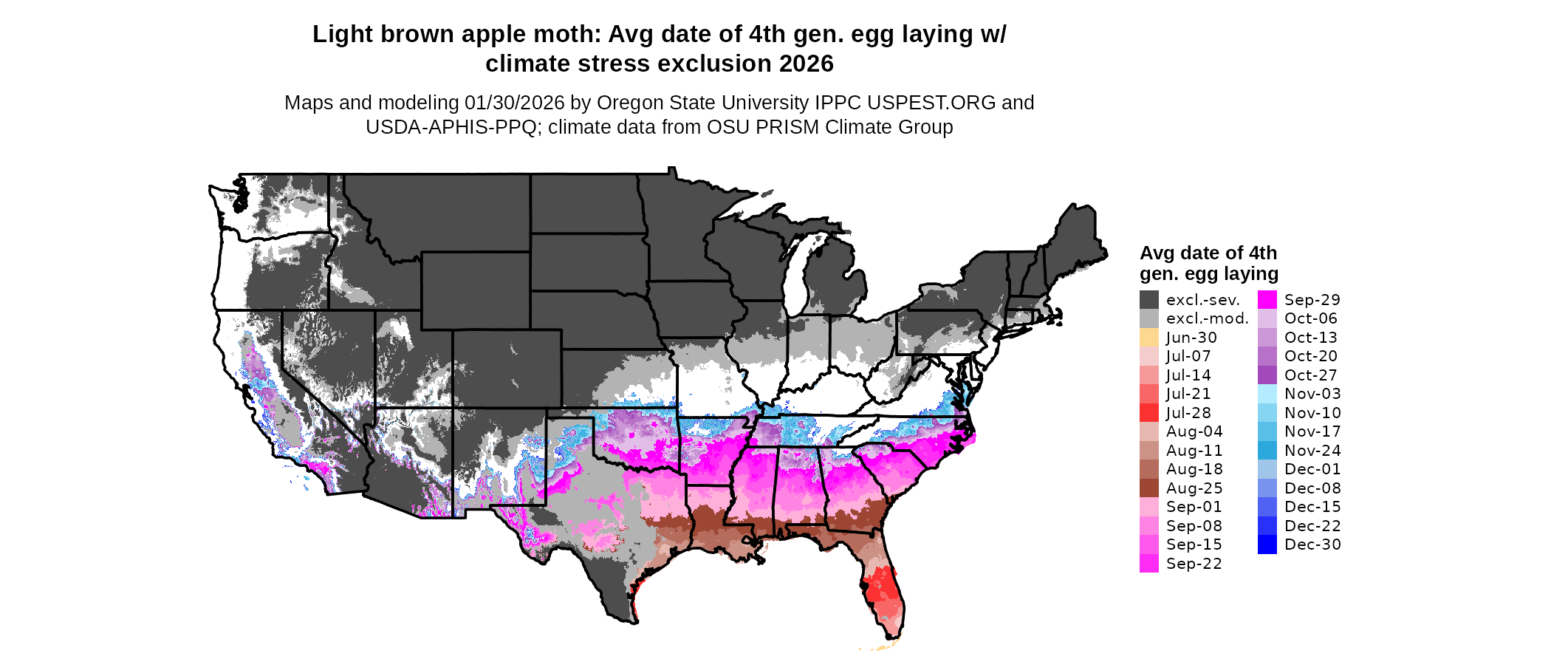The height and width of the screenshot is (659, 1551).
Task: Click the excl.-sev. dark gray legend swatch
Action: point(1148,300)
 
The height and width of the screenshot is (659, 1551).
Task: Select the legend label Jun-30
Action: point(1191,338)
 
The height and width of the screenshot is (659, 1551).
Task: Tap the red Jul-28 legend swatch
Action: point(1148,413)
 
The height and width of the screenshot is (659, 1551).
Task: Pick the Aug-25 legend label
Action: point(1194,488)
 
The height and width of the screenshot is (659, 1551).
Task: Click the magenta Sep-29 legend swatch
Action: point(1267,300)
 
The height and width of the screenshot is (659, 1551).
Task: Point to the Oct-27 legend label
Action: point(1311,375)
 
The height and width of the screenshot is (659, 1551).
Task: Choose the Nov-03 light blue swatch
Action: point(1267,394)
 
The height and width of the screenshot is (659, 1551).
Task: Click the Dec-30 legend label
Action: point(1312,544)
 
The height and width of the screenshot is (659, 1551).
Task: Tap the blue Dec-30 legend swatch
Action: point(1267,544)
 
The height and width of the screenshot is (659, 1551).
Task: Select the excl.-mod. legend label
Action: point(1207,318)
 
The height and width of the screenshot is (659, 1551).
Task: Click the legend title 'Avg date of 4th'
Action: point(1208,253)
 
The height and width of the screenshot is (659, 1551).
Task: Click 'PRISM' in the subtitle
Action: point(790,127)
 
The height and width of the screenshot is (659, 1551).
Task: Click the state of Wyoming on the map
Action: point(475,290)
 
